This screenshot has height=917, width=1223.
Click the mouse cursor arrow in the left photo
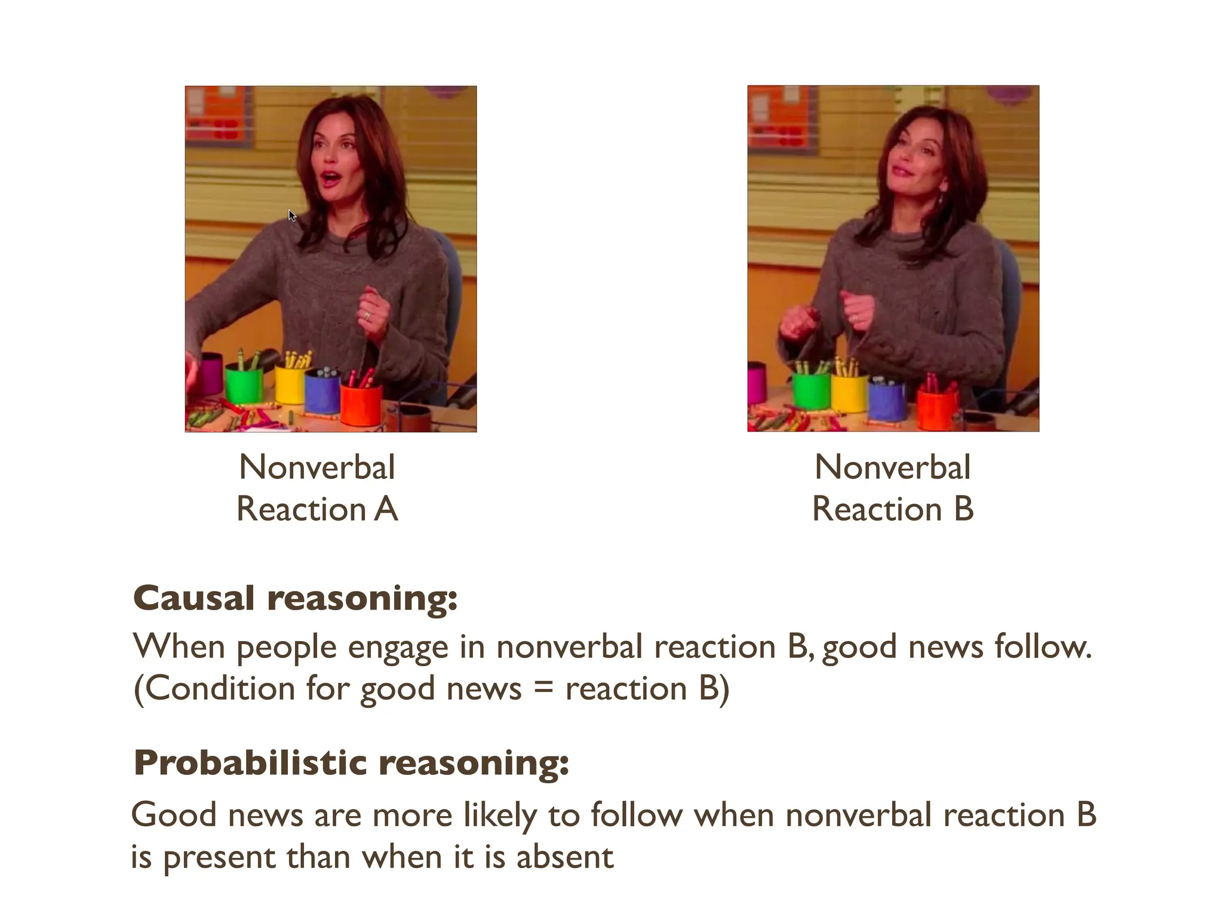point(292,216)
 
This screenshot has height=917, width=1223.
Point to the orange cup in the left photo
point(361,404)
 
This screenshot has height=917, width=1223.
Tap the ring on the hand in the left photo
point(367,316)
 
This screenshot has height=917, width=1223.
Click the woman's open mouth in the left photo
point(329,178)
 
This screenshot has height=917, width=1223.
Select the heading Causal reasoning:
point(295,598)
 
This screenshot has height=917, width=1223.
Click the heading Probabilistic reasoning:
point(351,762)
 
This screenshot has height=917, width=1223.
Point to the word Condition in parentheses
point(220,688)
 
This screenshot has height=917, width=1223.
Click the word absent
point(564,857)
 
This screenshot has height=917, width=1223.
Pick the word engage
point(398,648)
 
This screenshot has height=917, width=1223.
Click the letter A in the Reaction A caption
point(386,509)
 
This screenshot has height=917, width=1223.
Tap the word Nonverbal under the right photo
point(892,467)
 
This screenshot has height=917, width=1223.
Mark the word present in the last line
point(219,858)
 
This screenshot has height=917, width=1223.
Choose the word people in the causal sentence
point(287,648)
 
